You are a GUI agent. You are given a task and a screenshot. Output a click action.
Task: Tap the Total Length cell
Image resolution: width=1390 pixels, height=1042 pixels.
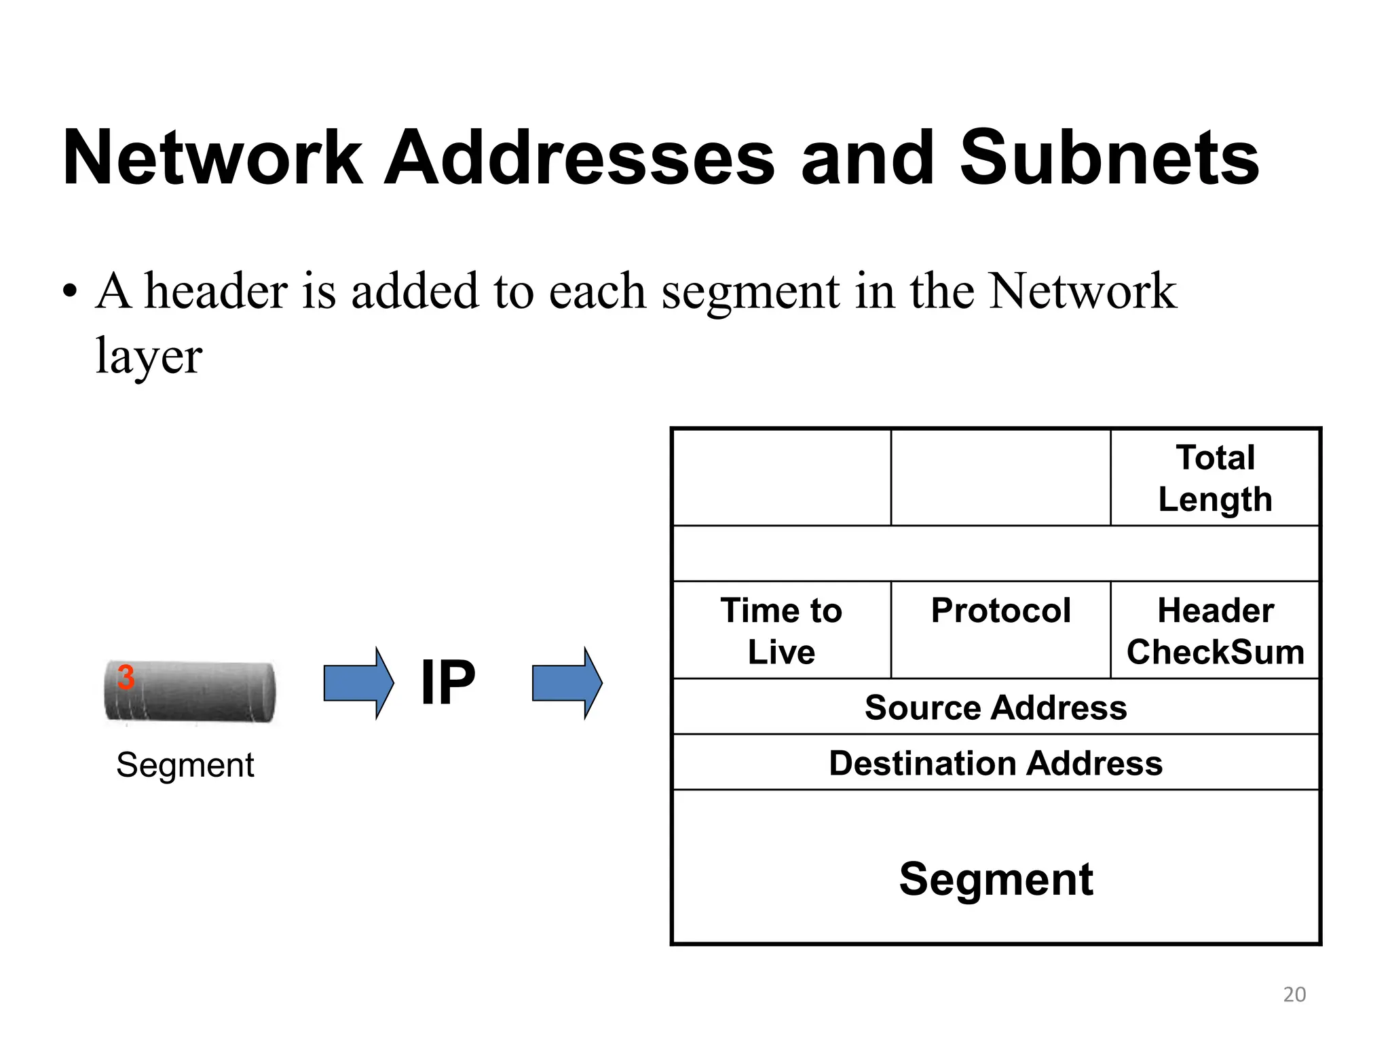tap(1215, 478)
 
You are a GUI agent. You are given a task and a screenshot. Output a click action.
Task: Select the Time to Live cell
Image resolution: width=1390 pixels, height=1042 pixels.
tap(781, 630)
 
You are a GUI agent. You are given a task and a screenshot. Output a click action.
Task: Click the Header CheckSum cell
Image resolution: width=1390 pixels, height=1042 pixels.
tap(1215, 630)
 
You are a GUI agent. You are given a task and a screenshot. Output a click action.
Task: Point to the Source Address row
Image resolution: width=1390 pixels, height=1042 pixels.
tap(996, 707)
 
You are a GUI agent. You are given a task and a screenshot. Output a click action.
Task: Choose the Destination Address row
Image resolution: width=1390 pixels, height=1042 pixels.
tap(996, 763)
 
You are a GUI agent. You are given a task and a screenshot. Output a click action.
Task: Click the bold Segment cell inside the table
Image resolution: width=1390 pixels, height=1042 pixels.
tap(996, 879)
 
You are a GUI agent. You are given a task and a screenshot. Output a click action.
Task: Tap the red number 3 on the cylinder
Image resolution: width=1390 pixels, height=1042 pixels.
tap(126, 677)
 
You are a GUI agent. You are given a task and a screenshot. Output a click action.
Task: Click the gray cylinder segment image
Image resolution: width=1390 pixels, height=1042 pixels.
tap(197, 692)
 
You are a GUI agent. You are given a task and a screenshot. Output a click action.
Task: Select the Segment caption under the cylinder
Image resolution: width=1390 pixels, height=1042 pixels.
tap(185, 765)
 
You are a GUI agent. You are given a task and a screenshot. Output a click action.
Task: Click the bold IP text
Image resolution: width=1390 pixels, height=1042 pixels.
tap(448, 682)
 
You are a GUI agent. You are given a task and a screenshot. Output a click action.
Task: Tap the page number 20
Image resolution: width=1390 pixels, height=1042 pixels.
tap(1294, 995)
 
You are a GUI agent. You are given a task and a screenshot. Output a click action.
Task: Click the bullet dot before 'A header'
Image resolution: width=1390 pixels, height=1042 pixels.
tap(69, 292)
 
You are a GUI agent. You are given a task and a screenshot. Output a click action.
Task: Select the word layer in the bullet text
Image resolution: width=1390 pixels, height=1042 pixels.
tap(149, 355)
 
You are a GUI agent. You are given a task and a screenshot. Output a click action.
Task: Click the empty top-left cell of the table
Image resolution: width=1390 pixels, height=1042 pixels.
tap(781, 478)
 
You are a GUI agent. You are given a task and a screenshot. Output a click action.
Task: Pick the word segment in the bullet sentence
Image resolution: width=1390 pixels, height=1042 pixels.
tap(750, 291)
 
